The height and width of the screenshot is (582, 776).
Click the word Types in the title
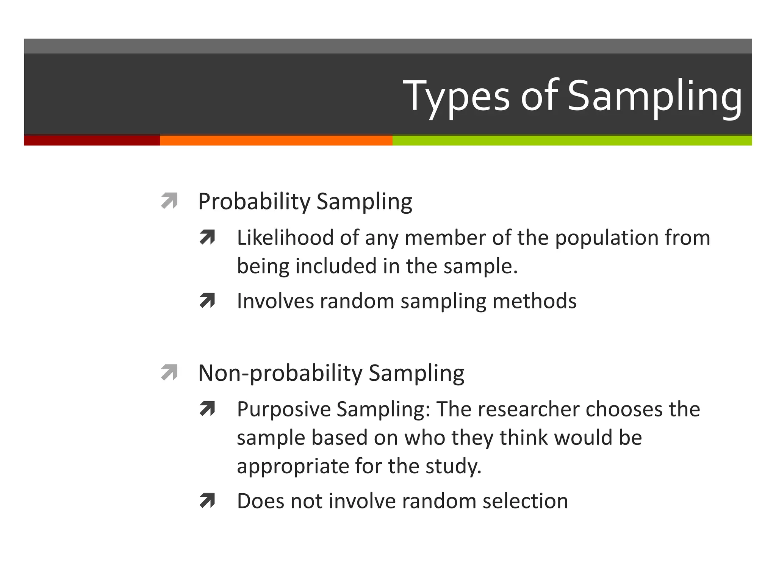(x=456, y=96)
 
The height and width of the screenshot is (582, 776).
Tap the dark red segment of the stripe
(x=92, y=140)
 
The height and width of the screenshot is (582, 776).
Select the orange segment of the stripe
(x=276, y=140)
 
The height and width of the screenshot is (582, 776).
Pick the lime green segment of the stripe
(x=572, y=140)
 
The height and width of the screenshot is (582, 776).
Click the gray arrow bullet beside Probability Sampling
(x=169, y=201)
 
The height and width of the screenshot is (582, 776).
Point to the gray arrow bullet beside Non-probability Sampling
(x=169, y=372)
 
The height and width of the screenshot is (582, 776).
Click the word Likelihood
(x=285, y=238)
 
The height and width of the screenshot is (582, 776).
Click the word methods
(x=534, y=301)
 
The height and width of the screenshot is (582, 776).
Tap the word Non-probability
(x=280, y=374)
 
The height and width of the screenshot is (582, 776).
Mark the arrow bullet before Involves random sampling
(x=207, y=301)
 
